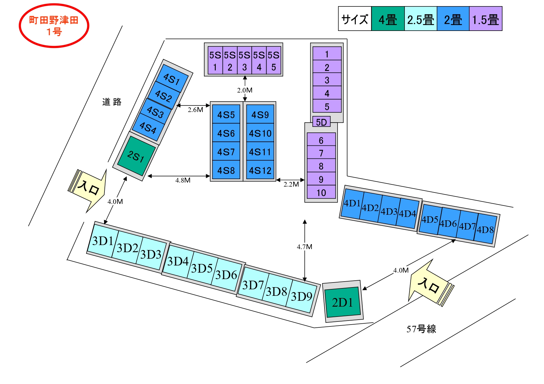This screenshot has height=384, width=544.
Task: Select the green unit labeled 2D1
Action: point(342,302)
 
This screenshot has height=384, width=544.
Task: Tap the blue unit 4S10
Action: point(260,133)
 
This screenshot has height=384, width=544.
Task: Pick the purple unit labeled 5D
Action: point(321,122)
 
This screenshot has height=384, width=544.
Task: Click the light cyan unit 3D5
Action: point(202,268)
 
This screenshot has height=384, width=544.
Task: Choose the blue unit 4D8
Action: point(485,229)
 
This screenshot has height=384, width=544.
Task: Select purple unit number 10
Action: point(321,192)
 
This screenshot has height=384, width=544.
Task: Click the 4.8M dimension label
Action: point(183,180)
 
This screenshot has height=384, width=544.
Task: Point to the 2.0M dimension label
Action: point(245,90)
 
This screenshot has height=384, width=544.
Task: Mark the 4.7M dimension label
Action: point(304,247)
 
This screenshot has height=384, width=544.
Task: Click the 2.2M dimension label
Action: point(291,184)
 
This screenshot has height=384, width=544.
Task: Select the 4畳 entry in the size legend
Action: point(388,19)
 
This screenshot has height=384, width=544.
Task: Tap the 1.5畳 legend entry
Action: point(485,19)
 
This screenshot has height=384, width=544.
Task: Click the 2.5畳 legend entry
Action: point(421,19)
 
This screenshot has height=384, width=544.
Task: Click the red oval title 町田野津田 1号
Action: point(54,26)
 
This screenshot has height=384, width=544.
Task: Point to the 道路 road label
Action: point(112,102)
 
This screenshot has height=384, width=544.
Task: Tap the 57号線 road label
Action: point(421,329)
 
